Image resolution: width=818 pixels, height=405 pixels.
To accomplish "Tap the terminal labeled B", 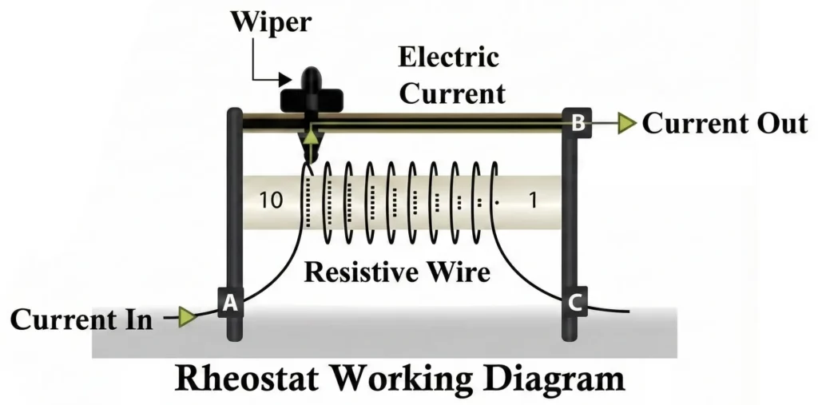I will click(578, 123).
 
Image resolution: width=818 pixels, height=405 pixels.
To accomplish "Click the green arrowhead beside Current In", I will click(187, 318).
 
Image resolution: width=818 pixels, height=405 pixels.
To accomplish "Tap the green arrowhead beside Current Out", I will click(627, 124).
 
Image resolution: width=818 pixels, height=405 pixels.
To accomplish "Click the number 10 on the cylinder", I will click(272, 201).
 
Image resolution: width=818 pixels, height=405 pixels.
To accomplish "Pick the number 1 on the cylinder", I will click(533, 201).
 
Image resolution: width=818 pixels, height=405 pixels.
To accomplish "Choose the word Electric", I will click(449, 59).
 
